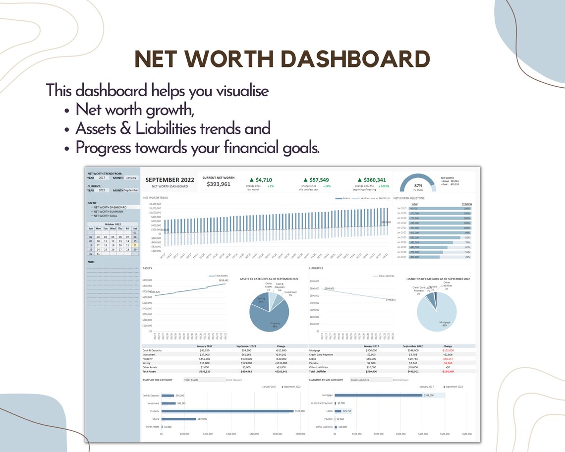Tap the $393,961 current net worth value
pyautogui.click(x=219, y=184)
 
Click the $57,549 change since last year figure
pyautogui.click(x=317, y=179)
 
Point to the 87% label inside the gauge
pyautogui.click(x=418, y=185)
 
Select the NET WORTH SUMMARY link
pyautogui.click(x=108, y=212)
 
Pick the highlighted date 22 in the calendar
pyautogui.click(x=135, y=245)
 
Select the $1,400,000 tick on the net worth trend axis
pyautogui.click(x=155, y=204)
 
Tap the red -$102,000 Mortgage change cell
pyautogui.click(x=447, y=350)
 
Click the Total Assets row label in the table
pyautogui.click(x=149, y=371)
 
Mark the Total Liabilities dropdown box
pyautogui.click(x=368, y=380)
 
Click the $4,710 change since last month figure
pyautogui.click(x=260, y=179)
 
